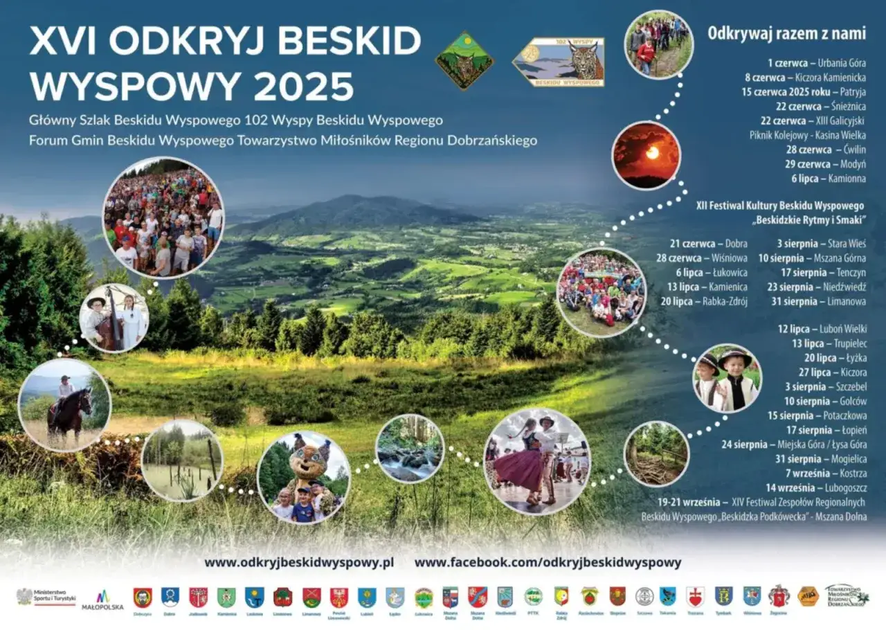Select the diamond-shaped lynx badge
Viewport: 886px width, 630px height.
pyautogui.click(x=464, y=60)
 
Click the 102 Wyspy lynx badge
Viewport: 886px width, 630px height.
pyautogui.click(x=559, y=62)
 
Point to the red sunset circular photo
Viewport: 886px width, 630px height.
pyautogui.click(x=647, y=156)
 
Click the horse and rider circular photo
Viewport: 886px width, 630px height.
pyautogui.click(x=64, y=405)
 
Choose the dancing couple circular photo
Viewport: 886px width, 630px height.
pyautogui.click(x=536, y=461)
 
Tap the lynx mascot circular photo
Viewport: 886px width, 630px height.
pyautogui.click(x=304, y=477)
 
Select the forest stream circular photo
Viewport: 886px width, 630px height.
pyautogui.click(x=410, y=448)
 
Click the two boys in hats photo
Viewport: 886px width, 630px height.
pyautogui.click(x=727, y=378)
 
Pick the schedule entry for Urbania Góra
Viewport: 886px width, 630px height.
pyautogui.click(x=817, y=64)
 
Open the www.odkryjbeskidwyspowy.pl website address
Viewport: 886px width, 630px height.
pyautogui.click(x=299, y=563)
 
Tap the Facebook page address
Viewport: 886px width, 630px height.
pyautogui.click(x=548, y=563)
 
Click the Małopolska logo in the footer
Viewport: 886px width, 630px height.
pyautogui.click(x=102, y=600)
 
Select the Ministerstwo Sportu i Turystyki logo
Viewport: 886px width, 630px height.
pyautogui.click(x=46, y=597)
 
